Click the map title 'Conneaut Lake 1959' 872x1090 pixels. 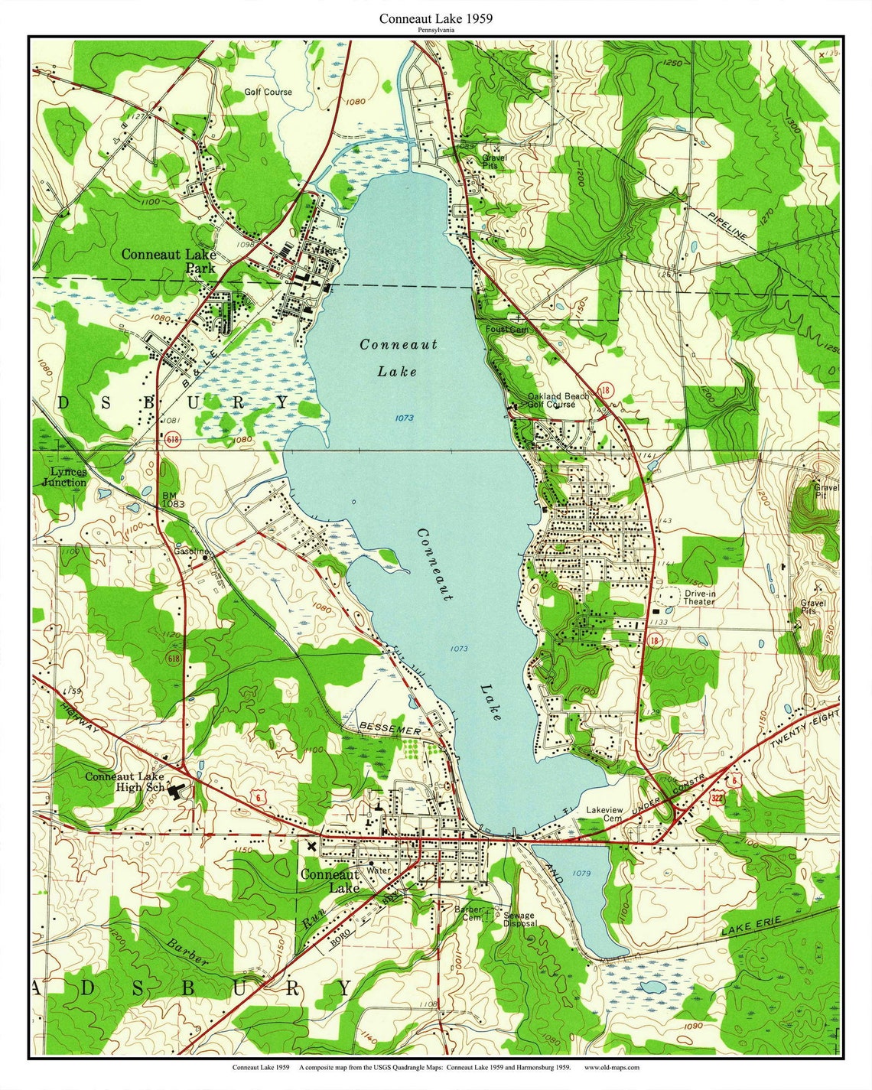tap(435, 18)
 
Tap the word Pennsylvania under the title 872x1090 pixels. tap(435, 30)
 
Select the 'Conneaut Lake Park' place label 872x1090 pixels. tap(168, 261)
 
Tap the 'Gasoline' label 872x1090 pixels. tap(191, 551)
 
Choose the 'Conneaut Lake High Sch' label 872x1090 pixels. tap(125, 781)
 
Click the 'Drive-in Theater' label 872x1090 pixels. tap(699, 597)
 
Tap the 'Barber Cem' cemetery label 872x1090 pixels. tap(468, 913)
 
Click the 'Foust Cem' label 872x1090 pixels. tap(506, 329)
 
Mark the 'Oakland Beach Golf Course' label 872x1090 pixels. tap(556, 400)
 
